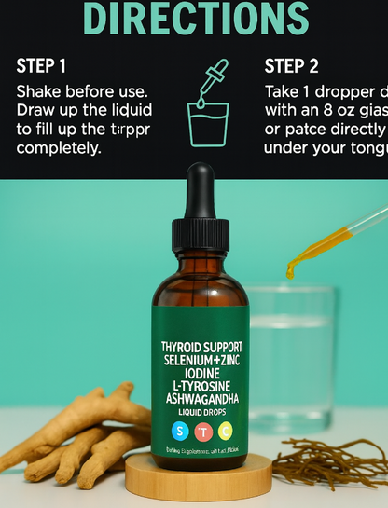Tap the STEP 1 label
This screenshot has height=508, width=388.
pos(42,66)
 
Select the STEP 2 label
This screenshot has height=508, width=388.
pos(291,66)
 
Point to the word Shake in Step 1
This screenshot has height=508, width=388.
pos(39,93)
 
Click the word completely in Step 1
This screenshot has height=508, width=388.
pos(57,148)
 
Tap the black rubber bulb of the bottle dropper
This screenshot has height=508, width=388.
pos(201,190)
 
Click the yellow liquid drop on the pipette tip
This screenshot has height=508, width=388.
pos(291,270)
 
